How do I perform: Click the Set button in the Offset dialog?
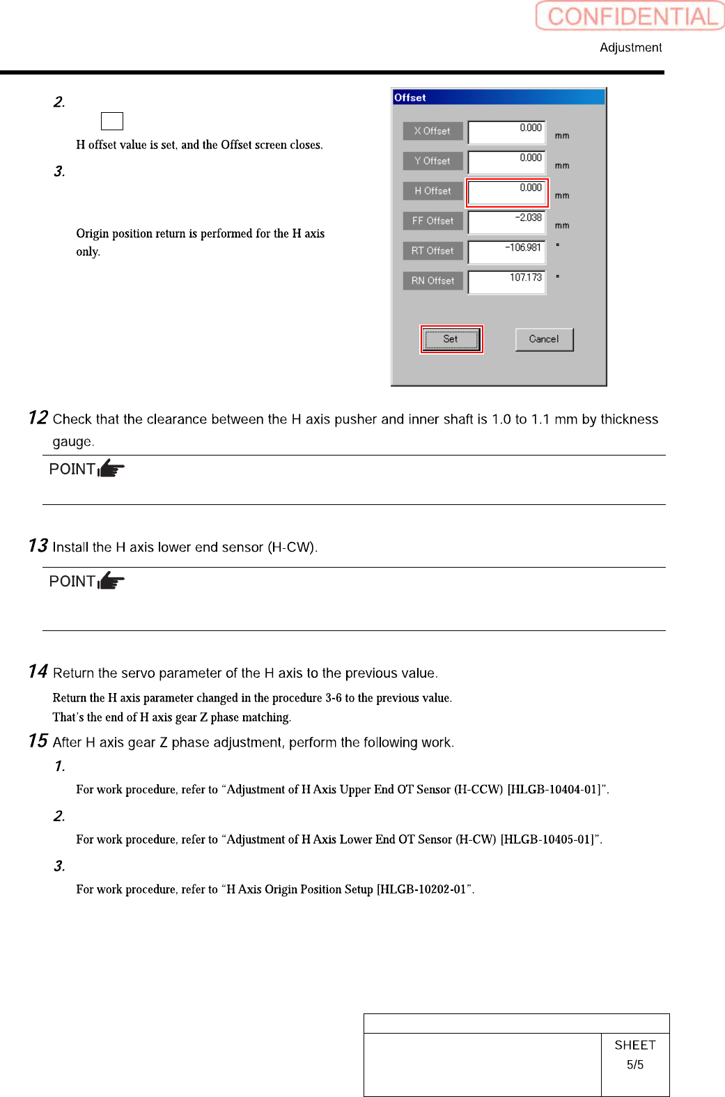(451, 340)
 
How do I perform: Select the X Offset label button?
(432, 131)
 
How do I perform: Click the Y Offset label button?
(432, 161)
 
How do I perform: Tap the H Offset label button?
(432, 191)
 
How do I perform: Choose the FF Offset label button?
(432, 221)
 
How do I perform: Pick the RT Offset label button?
(432, 251)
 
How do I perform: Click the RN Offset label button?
(432, 281)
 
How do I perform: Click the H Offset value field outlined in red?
(506, 192)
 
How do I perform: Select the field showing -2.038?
(506, 222)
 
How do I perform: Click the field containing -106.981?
(506, 252)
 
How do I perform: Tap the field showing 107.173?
(506, 282)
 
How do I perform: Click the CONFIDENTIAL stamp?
(630, 16)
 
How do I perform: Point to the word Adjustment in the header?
(630, 47)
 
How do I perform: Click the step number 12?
(38, 418)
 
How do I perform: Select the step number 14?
(38, 671)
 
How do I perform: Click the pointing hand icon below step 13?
(111, 580)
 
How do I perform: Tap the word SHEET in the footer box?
(634, 1045)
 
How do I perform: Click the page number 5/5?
(634, 1064)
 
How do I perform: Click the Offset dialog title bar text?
(410, 98)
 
